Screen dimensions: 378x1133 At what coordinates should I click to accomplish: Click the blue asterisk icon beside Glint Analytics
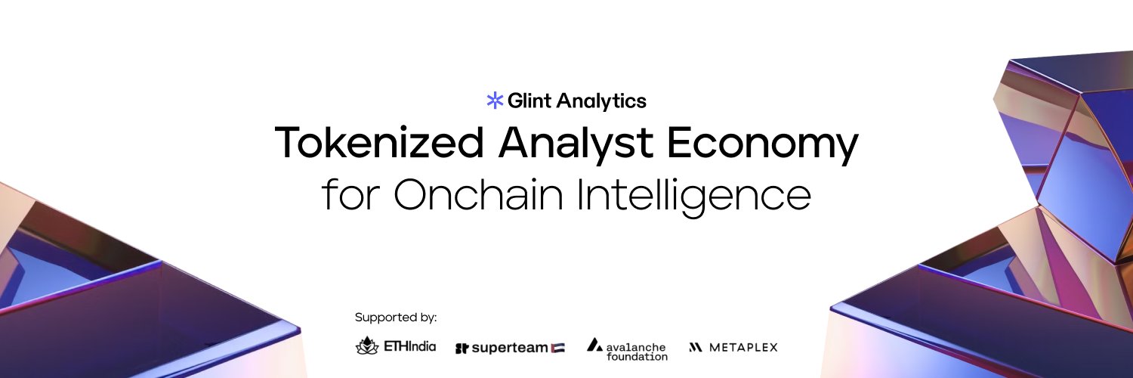[x=495, y=101]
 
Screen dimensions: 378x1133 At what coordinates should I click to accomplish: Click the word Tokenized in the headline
[x=378, y=143]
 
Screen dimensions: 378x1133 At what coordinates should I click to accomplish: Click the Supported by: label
[x=396, y=318]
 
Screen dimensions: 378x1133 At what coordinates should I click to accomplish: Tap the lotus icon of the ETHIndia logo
[x=367, y=346]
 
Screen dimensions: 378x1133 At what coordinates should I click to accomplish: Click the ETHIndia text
[x=410, y=347]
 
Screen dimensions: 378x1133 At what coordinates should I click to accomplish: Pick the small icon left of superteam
[x=462, y=349]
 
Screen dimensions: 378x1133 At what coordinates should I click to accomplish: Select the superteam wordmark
[x=510, y=348]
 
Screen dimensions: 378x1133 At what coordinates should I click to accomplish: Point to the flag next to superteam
[x=557, y=348]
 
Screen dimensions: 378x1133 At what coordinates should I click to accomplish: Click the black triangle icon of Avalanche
[x=594, y=345]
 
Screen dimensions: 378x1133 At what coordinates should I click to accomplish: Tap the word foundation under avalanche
[x=637, y=356]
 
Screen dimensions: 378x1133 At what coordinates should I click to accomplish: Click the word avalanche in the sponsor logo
[x=637, y=346]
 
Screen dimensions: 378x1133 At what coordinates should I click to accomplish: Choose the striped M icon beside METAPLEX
[x=696, y=348]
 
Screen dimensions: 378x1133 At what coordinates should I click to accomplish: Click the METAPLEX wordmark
[x=743, y=348]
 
